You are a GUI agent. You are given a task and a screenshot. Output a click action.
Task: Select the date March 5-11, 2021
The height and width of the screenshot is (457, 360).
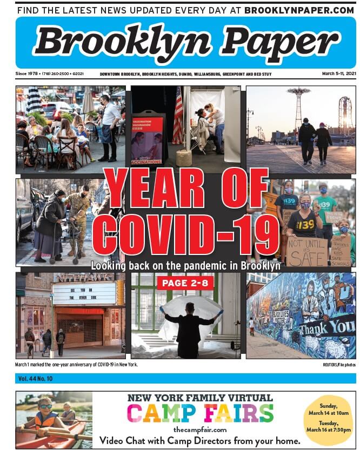pos(338,73)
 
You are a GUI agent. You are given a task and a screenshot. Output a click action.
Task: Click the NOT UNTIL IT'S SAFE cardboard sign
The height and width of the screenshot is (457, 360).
pos(306,251)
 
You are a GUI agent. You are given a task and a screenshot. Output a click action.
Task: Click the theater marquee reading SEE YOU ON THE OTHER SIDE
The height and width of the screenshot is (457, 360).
pos(84,293)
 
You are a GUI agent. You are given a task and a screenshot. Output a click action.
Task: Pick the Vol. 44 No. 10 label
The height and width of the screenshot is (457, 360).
pos(35,379)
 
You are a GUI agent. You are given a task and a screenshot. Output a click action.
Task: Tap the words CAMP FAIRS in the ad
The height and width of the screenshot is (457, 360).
pos(199,414)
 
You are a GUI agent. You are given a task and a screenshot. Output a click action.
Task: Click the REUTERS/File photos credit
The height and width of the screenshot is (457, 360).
pos(336,365)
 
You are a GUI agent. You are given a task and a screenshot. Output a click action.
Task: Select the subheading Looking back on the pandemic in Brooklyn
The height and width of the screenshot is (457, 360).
pos(185,266)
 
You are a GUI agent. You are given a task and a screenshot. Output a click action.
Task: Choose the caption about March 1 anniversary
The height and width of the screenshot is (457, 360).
pos(77,365)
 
